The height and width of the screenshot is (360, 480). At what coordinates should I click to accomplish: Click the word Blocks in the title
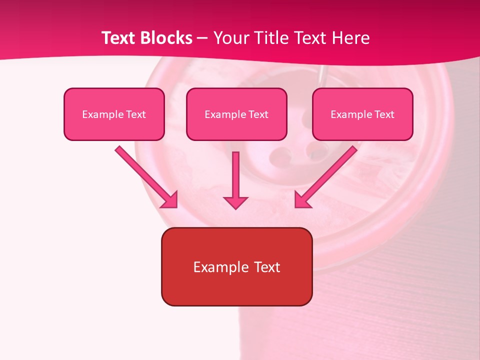(168, 38)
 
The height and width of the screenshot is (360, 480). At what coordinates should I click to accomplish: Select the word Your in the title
(231, 38)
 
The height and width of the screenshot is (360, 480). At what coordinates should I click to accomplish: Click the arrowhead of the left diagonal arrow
(171, 200)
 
